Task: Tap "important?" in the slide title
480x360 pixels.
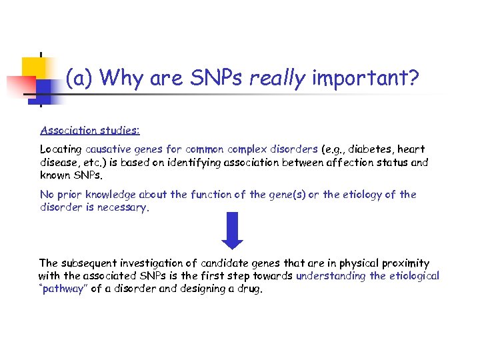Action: pyautogui.click(x=365, y=79)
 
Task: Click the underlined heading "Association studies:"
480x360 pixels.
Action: pyautogui.click(x=89, y=131)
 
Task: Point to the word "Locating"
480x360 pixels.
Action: pyautogui.click(x=61, y=149)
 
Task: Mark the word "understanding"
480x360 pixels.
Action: pyautogui.click(x=331, y=276)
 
